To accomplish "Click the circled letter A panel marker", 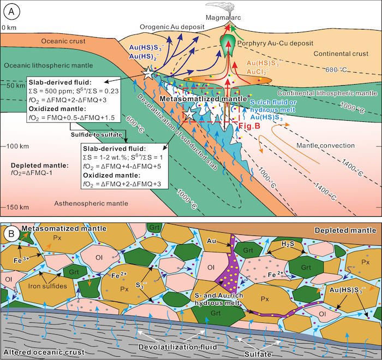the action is [11, 12].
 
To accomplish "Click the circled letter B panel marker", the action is [11, 234].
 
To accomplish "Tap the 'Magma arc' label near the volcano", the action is [223, 17].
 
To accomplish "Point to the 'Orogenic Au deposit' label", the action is [172, 27].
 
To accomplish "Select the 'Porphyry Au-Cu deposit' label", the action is [275, 43].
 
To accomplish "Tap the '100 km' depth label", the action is [17, 146].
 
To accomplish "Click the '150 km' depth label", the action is [17, 208].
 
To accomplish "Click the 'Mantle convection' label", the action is [325, 146].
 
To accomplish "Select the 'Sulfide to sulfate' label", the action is [97, 134].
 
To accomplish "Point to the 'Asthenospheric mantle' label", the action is [91, 203].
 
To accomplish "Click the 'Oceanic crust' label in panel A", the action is [63, 41].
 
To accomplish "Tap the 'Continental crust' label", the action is [341, 54].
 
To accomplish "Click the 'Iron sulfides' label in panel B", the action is [47, 286].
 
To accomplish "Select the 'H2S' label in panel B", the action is [288, 244].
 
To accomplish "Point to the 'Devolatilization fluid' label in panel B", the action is [178, 347].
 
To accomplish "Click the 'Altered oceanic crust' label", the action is [44, 352].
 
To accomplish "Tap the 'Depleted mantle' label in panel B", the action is [345, 231].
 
